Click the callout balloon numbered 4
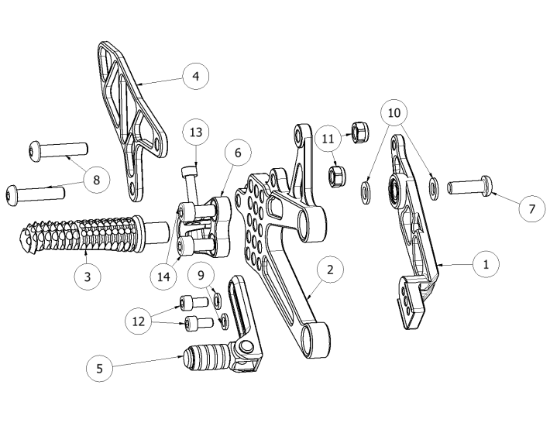[x=196, y=76]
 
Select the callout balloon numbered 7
[x=532, y=208]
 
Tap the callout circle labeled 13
[x=196, y=132]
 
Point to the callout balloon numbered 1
[x=486, y=264]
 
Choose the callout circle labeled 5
[x=100, y=369]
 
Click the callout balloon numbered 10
[x=394, y=113]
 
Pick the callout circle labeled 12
[x=139, y=321]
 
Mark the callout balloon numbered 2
[x=330, y=270]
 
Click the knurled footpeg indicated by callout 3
[x=94, y=234]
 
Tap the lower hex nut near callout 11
[x=335, y=177]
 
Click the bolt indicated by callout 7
[x=469, y=185]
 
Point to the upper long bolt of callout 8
[x=57, y=152]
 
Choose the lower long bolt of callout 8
[x=35, y=194]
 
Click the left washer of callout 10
[x=366, y=192]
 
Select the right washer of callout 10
[x=434, y=188]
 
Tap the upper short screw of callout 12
[x=194, y=304]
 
